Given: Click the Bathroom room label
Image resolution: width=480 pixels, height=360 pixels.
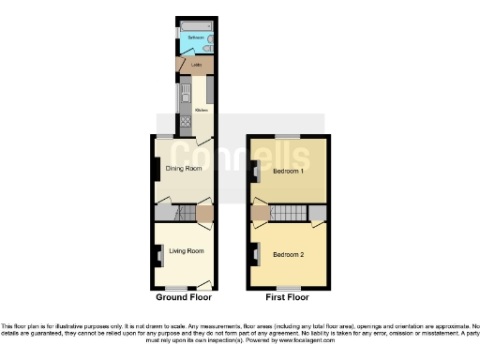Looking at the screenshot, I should coord(195,37).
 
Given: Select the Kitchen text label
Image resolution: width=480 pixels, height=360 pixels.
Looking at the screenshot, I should coord(201,110).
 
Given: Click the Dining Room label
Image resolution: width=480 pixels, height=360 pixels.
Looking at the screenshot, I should coord(184,169).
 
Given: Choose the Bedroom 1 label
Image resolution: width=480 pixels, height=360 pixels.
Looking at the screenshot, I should coord(289,172).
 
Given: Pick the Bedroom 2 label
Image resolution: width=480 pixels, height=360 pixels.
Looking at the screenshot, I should coord(289,254).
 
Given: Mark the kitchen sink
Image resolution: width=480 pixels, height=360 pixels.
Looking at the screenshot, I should coord(186,92).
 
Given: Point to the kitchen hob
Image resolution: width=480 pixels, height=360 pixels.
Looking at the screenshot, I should coord(186,120).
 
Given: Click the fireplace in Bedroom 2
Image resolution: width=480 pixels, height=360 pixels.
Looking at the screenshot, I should coord(256,251).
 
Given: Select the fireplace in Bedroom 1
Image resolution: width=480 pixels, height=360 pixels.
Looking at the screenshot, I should coord(256,172).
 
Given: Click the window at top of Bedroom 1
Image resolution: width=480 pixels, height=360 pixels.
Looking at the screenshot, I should coord(288,138).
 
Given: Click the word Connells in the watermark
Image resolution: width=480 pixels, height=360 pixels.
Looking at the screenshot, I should coord(240,155).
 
